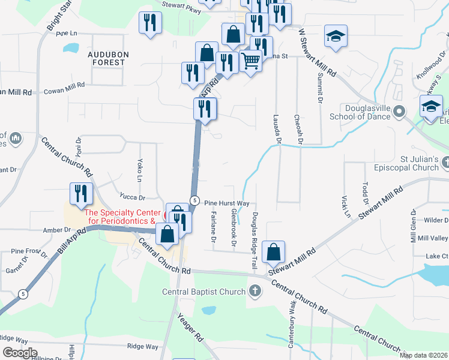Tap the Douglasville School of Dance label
pyautogui.click(x=358, y=112)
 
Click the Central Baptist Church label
pyautogui.click(x=204, y=292)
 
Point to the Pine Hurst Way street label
pyautogui.click(x=227, y=203)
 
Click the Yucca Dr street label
pyautogui.click(x=133, y=197)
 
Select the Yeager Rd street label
pyautogui.click(x=191, y=328)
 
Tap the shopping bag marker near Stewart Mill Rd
pyautogui.click(x=273, y=253)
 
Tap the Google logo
pyautogui.click(x=20, y=353)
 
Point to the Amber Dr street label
pyautogui.click(x=57, y=230)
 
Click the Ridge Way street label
pyautogui.click(x=142, y=347)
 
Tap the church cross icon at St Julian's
pyautogui.click(x=445, y=163)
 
